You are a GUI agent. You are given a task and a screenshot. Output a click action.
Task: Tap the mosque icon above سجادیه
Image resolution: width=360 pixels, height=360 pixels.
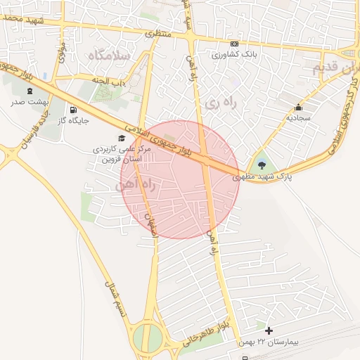299,108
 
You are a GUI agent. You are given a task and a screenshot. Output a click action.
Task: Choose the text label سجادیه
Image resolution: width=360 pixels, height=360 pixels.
298,118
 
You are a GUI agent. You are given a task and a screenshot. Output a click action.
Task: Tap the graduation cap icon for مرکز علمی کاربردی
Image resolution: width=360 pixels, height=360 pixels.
122,139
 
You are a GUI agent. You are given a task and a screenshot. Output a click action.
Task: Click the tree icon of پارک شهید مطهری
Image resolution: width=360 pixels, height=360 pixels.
262,165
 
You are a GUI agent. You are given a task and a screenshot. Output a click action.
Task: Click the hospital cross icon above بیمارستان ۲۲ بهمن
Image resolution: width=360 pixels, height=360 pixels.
269,330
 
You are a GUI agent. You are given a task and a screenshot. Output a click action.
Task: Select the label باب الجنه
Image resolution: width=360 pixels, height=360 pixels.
112,83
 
